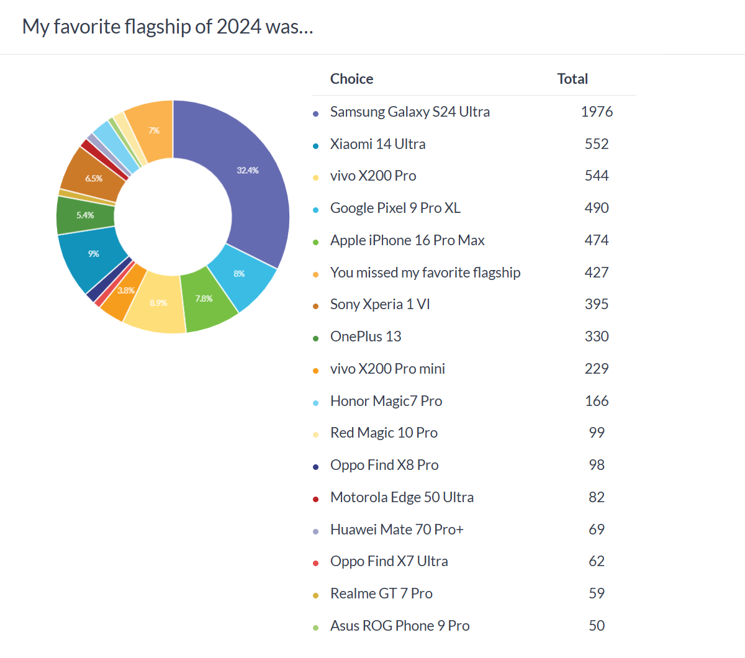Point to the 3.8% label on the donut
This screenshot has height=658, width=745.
tap(126, 291)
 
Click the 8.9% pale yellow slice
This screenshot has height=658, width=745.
tap(158, 304)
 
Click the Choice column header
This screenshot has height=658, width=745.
tap(351, 79)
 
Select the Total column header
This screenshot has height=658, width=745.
tap(572, 79)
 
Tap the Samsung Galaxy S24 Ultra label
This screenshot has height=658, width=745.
tap(410, 112)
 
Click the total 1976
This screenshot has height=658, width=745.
tap(597, 112)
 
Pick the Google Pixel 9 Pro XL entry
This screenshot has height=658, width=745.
tap(395, 208)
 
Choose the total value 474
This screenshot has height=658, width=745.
tap(597, 240)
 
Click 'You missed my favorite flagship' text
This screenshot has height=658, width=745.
tap(425, 273)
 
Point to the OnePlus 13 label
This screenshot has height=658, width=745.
tap(366, 336)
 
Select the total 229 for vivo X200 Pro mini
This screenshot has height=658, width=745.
tap(597, 369)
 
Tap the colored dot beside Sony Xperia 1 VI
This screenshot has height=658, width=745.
tap(315, 306)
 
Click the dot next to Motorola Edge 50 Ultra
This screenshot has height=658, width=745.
tap(315, 499)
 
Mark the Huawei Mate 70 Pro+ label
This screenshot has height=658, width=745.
tap(397, 530)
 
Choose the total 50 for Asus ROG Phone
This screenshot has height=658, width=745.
tap(597, 626)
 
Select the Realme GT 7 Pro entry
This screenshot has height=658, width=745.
tap(381, 593)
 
